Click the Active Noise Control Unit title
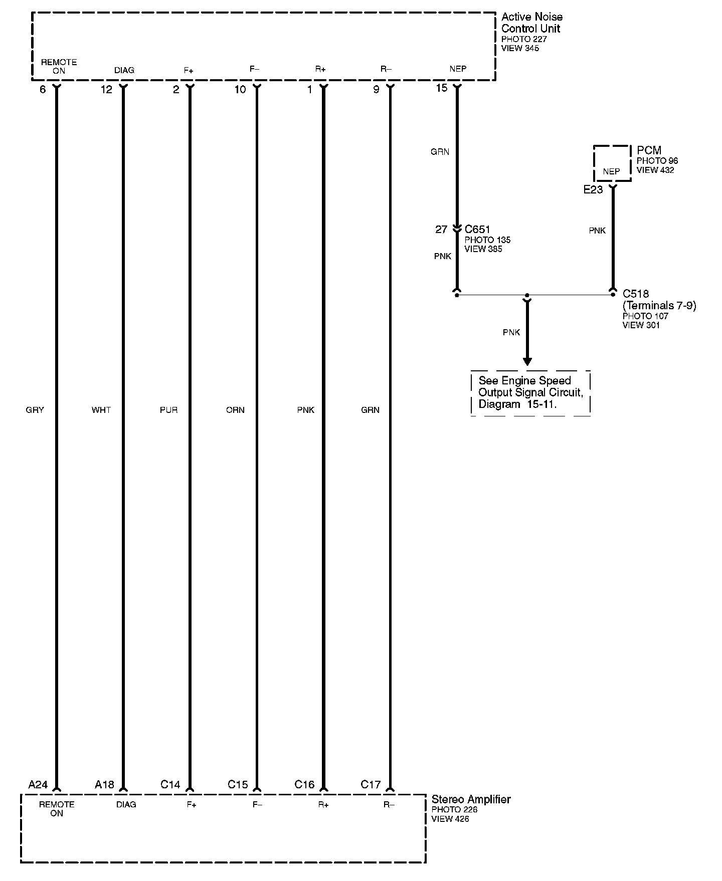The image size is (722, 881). click(x=531, y=23)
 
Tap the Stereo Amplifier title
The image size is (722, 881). click(x=471, y=799)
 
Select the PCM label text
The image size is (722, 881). click(x=649, y=150)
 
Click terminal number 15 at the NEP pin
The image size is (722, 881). click(x=441, y=88)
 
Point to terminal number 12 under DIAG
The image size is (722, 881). click(x=106, y=90)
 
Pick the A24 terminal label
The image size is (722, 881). click(x=38, y=785)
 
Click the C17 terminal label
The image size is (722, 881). click(x=371, y=785)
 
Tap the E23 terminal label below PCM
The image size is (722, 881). click(x=593, y=190)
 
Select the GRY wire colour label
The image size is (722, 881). click(x=35, y=410)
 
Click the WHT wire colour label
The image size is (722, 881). click(x=101, y=410)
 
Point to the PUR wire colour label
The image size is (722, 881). click(x=168, y=410)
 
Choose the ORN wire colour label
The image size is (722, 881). click(x=235, y=410)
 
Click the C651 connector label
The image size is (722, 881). click(x=477, y=230)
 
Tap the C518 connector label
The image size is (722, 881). click(x=636, y=294)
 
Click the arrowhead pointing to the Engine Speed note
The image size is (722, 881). click(x=527, y=361)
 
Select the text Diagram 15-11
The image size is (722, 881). click(x=517, y=404)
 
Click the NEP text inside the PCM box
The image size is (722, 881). click(x=611, y=171)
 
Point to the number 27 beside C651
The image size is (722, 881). click(x=441, y=230)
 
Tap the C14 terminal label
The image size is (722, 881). click(x=170, y=785)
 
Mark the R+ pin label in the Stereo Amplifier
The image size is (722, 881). click(x=323, y=805)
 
